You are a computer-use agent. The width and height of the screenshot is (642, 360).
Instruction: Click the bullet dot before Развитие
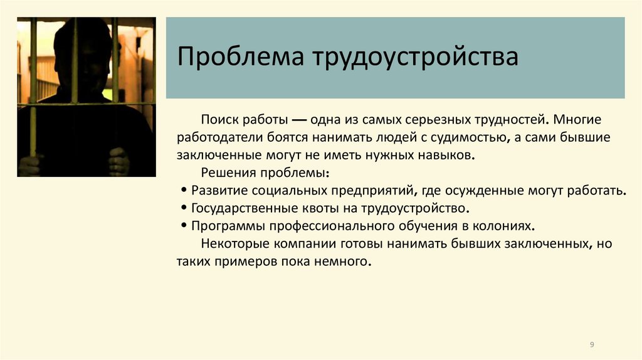click(183, 191)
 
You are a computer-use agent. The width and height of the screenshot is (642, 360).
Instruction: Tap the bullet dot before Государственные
click(183, 208)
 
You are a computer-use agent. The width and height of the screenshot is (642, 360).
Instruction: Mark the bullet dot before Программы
click(183, 226)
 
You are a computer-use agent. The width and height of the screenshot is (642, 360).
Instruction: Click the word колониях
click(507, 225)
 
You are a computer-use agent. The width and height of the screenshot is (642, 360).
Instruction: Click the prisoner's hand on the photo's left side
click(30, 164)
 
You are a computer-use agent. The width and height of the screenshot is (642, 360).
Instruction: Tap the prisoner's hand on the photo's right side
click(118, 161)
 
